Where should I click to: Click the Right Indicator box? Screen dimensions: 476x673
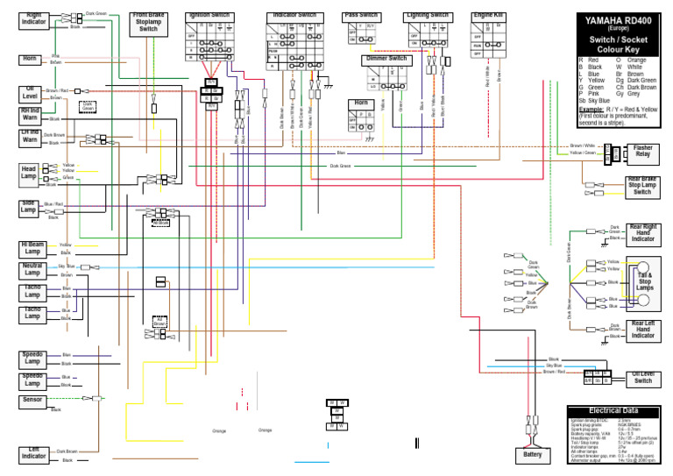point(35,19)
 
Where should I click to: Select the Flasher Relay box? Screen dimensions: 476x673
point(642,153)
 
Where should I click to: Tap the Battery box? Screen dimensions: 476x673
point(532,455)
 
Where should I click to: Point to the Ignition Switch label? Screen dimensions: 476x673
point(209,16)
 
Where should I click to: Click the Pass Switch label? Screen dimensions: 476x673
point(361,16)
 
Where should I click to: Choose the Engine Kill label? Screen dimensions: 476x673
point(488,16)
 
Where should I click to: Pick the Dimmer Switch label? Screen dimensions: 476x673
point(386,59)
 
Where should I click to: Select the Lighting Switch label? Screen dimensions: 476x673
point(427,16)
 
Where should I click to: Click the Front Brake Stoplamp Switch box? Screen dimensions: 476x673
point(149,23)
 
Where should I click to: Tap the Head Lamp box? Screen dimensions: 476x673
point(30,172)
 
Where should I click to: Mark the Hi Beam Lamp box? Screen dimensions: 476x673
point(32,247)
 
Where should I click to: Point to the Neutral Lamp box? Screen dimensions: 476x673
point(32,269)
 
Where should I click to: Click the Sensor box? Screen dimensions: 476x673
point(32,401)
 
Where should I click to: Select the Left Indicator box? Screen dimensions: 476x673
point(34,453)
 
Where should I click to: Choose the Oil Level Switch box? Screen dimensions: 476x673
point(642,377)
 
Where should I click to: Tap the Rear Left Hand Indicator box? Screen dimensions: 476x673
point(642,330)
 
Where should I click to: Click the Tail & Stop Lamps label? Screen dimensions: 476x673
point(645,282)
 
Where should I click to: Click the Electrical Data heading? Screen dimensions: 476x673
point(613,410)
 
